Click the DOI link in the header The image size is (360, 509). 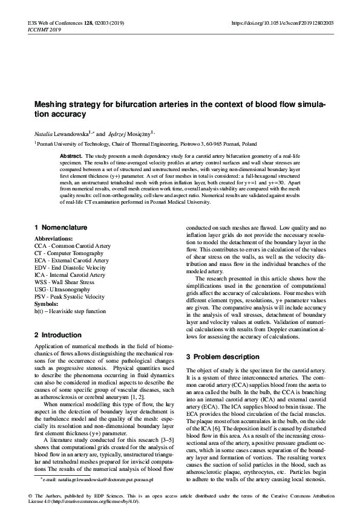[283, 23]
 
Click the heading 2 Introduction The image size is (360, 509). [57, 334]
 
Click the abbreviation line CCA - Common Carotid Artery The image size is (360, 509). [72, 247]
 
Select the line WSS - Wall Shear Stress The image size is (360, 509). [64, 282]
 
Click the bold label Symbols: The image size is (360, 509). [47, 303]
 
